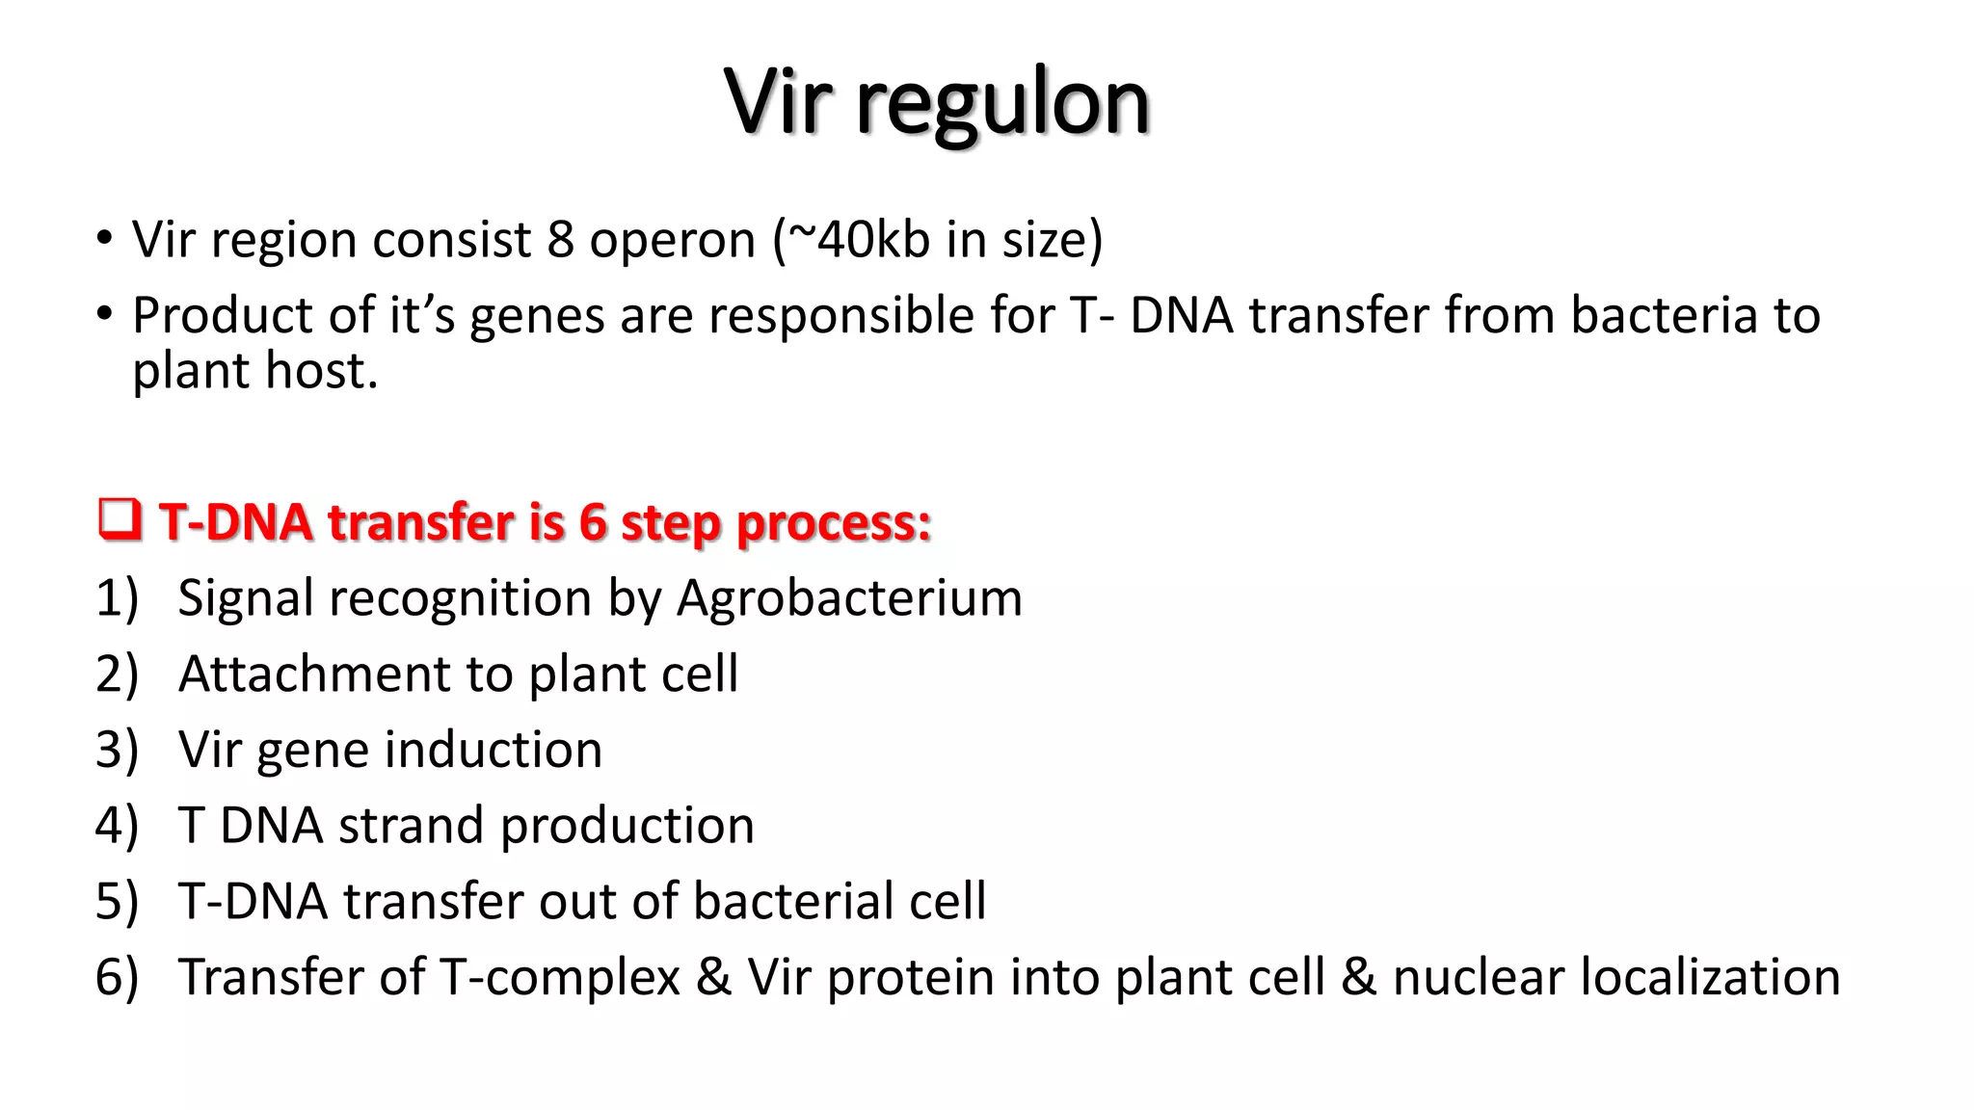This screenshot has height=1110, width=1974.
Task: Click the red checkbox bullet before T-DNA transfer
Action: click(120, 520)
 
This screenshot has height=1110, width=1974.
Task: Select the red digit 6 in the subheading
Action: click(592, 522)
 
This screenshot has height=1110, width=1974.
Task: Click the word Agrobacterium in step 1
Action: click(849, 598)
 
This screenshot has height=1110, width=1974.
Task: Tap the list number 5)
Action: click(117, 902)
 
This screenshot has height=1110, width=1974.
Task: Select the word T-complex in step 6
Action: click(559, 978)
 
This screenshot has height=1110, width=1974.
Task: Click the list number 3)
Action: click(117, 750)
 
